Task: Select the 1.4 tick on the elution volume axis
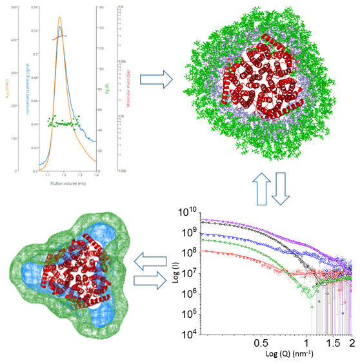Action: click(96, 175)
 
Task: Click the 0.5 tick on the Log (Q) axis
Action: click(261, 340)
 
